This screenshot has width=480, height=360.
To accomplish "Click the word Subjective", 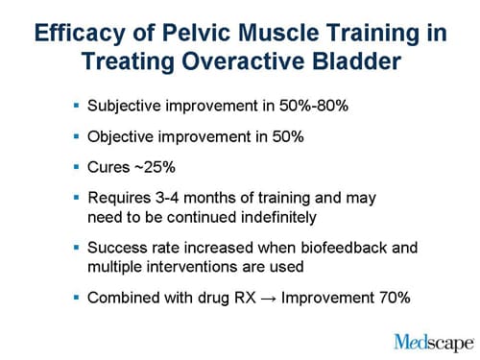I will [124, 106].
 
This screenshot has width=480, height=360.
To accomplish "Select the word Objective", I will [120, 136].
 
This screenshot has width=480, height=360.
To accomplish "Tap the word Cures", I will [109, 167].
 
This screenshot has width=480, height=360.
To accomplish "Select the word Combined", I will [121, 298].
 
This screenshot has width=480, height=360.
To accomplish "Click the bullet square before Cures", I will [76, 167].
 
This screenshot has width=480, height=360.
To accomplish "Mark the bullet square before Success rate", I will [76, 248].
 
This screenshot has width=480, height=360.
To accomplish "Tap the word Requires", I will [120, 198].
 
